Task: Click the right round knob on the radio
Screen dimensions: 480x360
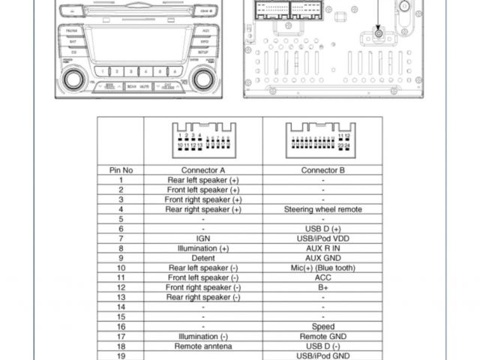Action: point(203,78)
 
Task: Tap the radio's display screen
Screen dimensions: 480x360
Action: point(139,45)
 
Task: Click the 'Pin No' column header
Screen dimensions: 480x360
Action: point(121,170)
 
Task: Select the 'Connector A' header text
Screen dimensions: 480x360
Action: point(203,170)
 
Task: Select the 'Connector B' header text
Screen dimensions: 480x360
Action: point(323,170)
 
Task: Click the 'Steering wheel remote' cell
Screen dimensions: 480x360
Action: point(323,209)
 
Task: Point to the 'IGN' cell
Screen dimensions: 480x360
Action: point(203,238)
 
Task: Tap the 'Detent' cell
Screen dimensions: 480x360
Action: point(203,258)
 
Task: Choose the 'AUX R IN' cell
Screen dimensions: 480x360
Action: point(323,248)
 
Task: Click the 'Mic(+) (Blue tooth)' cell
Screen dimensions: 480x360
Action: point(323,268)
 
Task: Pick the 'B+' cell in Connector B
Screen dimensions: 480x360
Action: point(323,287)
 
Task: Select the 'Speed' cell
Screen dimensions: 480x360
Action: point(323,327)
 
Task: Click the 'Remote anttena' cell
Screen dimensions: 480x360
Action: point(203,346)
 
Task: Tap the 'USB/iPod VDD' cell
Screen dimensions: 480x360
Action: point(323,238)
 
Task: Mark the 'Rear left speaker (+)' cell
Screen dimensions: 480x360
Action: point(203,180)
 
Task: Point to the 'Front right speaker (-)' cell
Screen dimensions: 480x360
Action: point(203,287)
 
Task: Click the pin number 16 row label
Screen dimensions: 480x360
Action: point(121,327)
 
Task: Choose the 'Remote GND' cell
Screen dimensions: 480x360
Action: point(323,337)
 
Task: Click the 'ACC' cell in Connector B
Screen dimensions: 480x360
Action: point(323,277)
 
